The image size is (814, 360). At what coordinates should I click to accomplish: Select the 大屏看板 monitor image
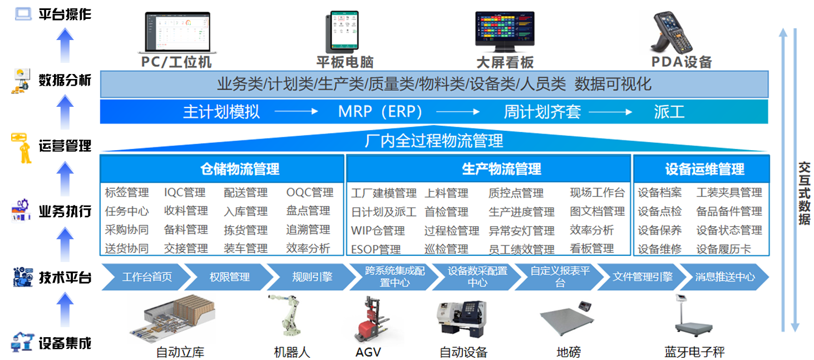click(x=505, y=31)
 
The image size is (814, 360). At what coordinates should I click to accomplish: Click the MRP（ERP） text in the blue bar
click(x=380, y=112)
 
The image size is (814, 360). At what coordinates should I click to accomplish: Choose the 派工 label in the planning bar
click(x=669, y=112)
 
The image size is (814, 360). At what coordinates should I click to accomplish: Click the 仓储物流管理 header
click(x=240, y=169)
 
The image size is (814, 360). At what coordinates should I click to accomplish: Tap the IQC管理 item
click(x=185, y=193)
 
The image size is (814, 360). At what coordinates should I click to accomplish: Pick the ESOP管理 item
click(x=376, y=249)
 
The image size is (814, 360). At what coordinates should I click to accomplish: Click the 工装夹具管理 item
click(x=729, y=193)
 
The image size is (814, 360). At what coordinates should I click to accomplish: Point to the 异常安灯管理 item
click(x=521, y=230)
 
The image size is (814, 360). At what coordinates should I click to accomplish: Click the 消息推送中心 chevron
click(x=724, y=277)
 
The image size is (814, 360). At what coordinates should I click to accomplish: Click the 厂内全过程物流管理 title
click(x=434, y=141)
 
